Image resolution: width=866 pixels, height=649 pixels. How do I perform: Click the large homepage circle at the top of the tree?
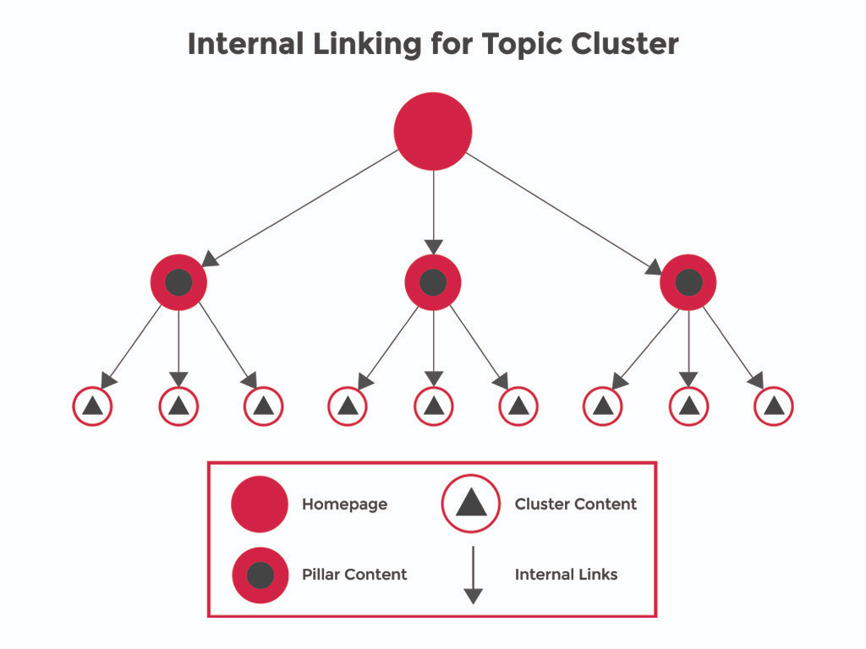click(x=433, y=131)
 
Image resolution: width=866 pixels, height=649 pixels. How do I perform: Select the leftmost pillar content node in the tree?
click(x=178, y=282)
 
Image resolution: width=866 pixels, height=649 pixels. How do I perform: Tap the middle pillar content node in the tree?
click(x=433, y=282)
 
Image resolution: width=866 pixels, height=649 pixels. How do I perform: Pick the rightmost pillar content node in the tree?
click(x=688, y=282)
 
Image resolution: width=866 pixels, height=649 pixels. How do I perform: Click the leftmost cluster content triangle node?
click(x=93, y=406)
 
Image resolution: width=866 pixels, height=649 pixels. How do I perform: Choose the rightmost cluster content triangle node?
click(x=773, y=406)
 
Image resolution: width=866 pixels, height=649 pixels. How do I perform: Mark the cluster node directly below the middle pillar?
click(x=433, y=406)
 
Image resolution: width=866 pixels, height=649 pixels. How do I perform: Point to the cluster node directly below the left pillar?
click(x=178, y=406)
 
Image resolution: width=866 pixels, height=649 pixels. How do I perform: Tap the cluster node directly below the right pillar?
click(x=688, y=406)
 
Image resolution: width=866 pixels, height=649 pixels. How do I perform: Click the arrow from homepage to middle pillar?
click(x=433, y=211)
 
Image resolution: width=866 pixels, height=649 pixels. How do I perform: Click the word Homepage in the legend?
click(x=344, y=504)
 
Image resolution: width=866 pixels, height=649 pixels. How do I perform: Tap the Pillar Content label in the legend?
click(x=354, y=575)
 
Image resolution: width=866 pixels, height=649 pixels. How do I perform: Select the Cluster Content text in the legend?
click(x=575, y=504)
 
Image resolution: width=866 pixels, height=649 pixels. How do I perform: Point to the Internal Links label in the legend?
click(x=566, y=575)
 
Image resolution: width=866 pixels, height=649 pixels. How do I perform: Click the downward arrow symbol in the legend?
click(x=473, y=575)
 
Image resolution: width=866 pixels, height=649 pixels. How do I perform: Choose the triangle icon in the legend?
click(x=471, y=504)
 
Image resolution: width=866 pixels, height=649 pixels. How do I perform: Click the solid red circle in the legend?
click(x=260, y=504)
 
